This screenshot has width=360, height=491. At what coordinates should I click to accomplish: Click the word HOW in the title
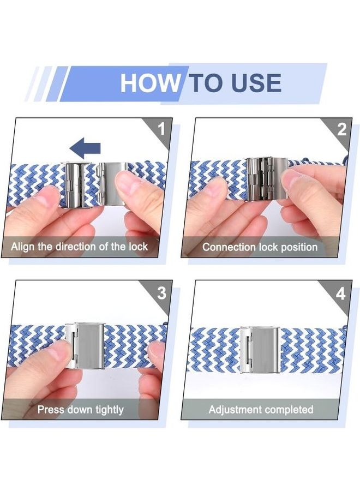(x=149, y=83)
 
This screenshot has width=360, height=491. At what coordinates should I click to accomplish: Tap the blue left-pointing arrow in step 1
(x=85, y=148)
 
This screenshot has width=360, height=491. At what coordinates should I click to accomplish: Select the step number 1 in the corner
(x=161, y=129)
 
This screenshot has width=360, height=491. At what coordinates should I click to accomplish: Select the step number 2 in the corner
(x=342, y=130)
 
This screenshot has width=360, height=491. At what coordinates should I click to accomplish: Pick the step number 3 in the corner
(x=161, y=293)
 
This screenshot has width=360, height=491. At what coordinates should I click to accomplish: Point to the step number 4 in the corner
(x=340, y=294)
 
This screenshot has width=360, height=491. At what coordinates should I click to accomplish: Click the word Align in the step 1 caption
(x=22, y=247)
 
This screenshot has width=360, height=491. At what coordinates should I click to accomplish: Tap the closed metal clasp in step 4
(x=259, y=350)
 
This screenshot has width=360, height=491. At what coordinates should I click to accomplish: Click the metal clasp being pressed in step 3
(x=85, y=346)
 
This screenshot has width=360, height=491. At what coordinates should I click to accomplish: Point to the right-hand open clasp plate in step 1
(x=112, y=183)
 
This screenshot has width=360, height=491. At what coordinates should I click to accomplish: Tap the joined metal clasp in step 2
(x=266, y=179)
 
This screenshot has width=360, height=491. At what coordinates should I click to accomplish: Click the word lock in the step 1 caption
(x=138, y=247)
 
